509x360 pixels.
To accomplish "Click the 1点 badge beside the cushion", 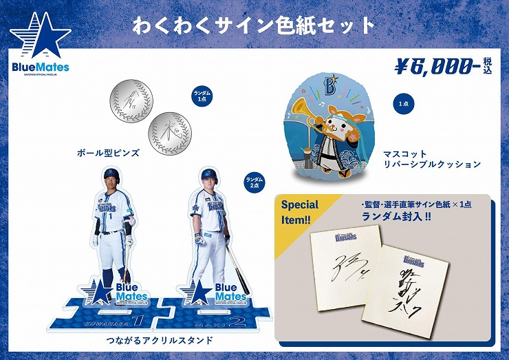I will pos(402,103).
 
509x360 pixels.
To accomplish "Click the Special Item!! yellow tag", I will pos(301,211).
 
